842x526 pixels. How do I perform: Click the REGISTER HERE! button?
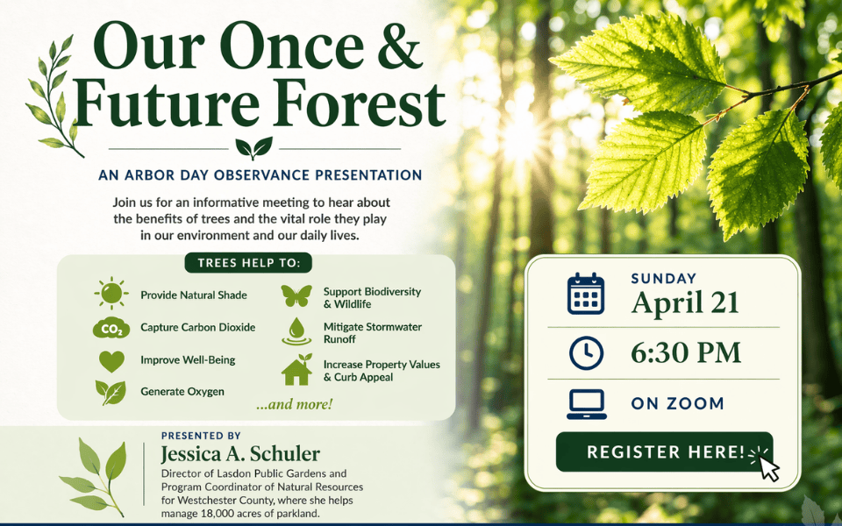[664, 452]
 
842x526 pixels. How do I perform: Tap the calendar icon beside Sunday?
[585, 294]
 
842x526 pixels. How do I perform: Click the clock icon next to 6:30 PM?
[585, 352]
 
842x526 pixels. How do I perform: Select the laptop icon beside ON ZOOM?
[585, 403]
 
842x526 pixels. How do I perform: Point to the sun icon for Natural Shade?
[111, 295]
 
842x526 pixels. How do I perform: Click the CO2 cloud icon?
[111, 329]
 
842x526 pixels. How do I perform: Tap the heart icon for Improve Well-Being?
[111, 360]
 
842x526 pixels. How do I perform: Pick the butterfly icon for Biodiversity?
[296, 296]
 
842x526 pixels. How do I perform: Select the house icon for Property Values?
[296, 370]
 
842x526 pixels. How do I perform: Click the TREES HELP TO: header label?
[248, 263]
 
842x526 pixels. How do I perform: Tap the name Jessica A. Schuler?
[240, 454]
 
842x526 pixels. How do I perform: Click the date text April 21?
[685, 302]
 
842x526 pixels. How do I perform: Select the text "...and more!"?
[294, 405]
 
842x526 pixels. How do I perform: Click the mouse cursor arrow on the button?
[767, 468]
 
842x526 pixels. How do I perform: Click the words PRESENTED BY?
[201, 435]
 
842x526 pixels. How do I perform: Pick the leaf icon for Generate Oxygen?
[111, 392]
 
